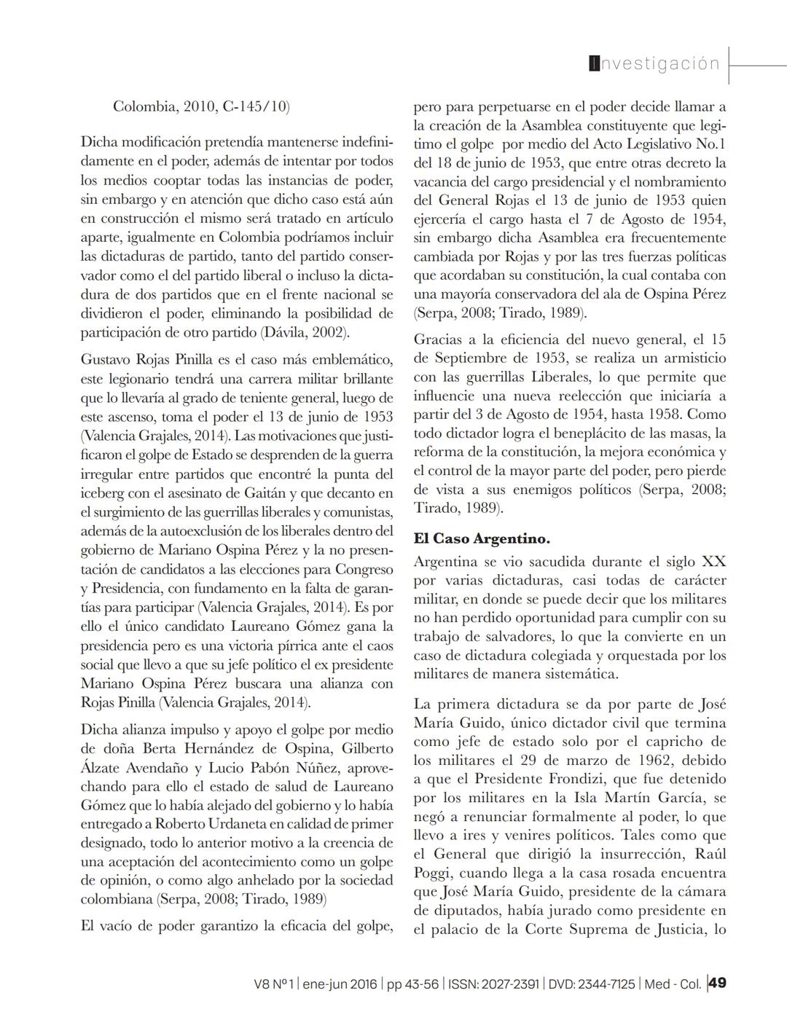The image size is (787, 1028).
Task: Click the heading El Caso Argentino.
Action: (x=482, y=539)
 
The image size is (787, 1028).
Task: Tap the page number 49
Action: (x=717, y=984)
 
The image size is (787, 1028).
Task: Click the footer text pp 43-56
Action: (x=412, y=984)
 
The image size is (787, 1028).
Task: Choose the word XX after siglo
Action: (x=713, y=562)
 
